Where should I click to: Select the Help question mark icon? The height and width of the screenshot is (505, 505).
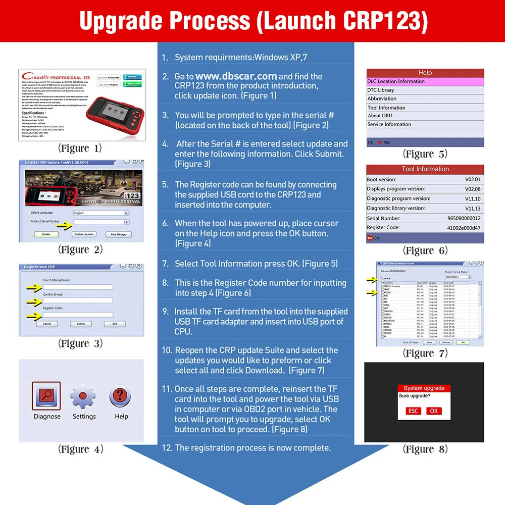pyautogui.click(x=121, y=395)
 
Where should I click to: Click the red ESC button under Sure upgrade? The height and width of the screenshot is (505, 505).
pyautogui.click(x=414, y=411)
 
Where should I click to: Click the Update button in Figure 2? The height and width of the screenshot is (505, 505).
pyautogui.click(x=46, y=234)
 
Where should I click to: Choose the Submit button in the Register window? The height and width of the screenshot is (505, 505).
pyautogui.click(x=80, y=324)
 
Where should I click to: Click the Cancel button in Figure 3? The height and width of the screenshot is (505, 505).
pyautogui.click(x=46, y=324)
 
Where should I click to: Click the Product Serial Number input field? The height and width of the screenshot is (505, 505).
pyautogui.click(x=98, y=222)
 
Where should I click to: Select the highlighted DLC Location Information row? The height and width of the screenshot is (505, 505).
pyautogui.click(x=425, y=81)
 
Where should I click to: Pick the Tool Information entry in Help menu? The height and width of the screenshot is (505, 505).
pyautogui.click(x=386, y=108)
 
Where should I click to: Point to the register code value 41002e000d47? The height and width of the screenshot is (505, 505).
pyautogui.click(x=464, y=228)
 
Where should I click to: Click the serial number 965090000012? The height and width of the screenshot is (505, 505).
pyautogui.click(x=464, y=218)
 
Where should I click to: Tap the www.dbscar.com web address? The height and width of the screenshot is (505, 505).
pyautogui.click(x=240, y=76)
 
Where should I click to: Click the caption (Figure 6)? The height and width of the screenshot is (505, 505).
pyautogui.click(x=425, y=250)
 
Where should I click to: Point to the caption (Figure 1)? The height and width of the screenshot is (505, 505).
pyautogui.click(x=80, y=148)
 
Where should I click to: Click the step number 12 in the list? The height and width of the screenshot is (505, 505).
pyautogui.click(x=167, y=448)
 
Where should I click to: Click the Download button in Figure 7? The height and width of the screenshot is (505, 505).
pyautogui.click(x=445, y=342)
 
